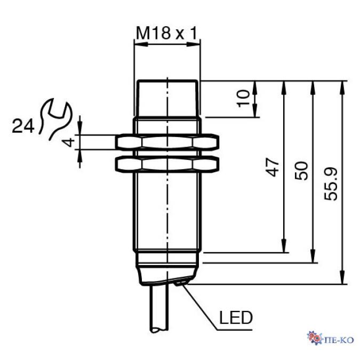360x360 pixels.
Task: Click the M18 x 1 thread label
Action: coord(167,33)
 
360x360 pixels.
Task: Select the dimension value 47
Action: coord(273,167)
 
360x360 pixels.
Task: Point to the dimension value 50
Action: coord(301,171)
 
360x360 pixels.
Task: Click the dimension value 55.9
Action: coord(331,184)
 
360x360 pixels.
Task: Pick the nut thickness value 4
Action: coord(69,142)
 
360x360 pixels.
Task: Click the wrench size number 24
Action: coord(23,126)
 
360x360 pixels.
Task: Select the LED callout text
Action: coord(236,317)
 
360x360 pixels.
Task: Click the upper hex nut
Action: coord(167,142)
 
